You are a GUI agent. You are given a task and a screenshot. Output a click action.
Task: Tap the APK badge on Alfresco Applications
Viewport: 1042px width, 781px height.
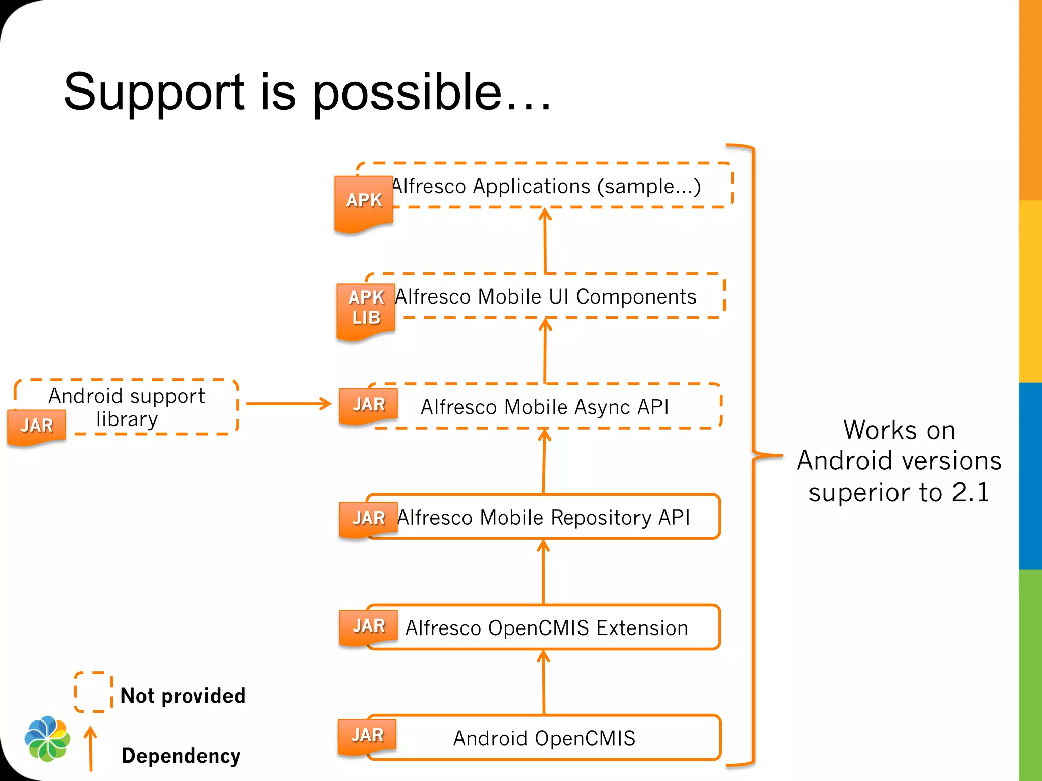363,201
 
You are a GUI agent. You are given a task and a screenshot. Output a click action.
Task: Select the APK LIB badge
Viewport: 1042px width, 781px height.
366,308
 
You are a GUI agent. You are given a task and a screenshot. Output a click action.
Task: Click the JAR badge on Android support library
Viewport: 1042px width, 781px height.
37,426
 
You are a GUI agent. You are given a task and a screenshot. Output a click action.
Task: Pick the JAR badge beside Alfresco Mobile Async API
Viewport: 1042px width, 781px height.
368,405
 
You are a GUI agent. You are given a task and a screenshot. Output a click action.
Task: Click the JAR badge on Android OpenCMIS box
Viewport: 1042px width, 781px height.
367,735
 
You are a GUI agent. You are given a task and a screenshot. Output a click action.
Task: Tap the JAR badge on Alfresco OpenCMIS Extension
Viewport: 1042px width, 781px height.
368,626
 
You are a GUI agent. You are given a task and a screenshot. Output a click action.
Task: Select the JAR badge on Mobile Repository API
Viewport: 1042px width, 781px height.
368,518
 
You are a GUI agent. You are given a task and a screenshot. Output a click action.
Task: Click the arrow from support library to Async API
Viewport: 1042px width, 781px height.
288,404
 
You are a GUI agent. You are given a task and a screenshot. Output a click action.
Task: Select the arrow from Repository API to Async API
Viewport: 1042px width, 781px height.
544,461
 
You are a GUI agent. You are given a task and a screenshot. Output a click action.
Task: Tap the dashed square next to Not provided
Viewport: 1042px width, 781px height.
94,692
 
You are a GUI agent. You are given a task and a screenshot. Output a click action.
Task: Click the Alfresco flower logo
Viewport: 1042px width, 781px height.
47,739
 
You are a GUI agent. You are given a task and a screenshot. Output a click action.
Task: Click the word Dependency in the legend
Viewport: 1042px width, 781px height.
181,756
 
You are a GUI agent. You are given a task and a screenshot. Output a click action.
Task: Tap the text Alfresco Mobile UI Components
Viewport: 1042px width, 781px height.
545,297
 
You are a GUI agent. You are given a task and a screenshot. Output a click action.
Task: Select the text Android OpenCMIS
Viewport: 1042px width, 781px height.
544,738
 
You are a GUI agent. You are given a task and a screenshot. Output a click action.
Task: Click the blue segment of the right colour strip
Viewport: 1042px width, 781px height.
1030,475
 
